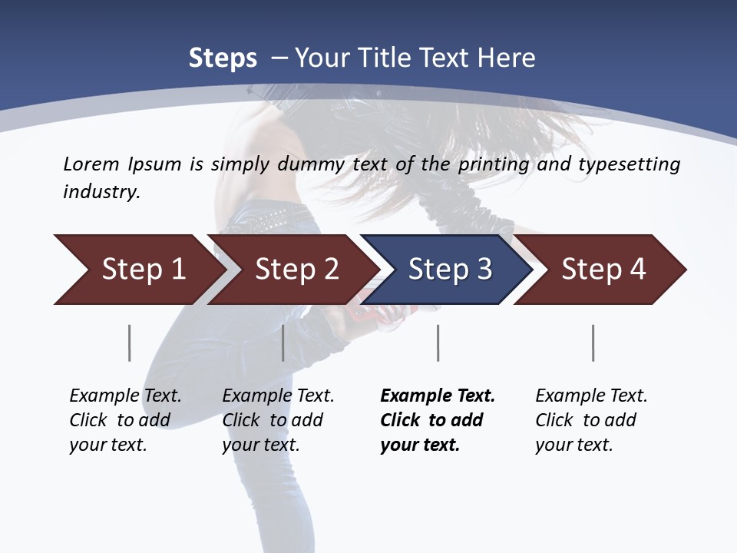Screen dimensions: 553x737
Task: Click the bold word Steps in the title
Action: [223, 58]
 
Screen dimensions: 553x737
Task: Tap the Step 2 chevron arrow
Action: [292, 270]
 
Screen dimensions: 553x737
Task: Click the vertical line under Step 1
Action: [129, 343]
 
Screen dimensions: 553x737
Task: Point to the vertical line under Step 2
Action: [283, 343]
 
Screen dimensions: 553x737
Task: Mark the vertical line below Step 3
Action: [438, 343]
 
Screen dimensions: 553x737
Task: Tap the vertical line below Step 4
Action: [593, 343]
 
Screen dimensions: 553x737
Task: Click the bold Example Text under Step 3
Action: [438, 396]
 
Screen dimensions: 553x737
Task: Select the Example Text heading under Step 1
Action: [125, 396]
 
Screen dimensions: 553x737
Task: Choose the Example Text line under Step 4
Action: [591, 396]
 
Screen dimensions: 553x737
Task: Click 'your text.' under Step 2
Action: [261, 445]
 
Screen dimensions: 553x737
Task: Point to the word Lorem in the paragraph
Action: [91, 164]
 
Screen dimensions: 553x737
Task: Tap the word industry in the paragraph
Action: [101, 192]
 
